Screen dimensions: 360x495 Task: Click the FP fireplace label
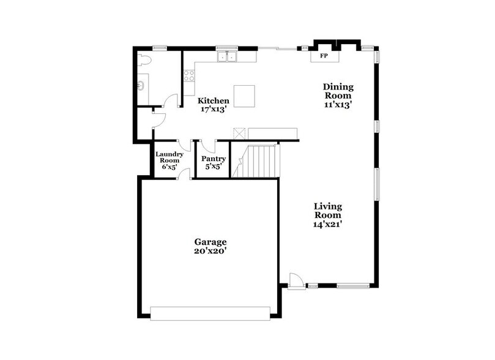click(x=324, y=56)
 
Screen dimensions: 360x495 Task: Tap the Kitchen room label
click(x=214, y=101)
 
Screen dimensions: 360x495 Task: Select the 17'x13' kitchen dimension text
click(x=214, y=110)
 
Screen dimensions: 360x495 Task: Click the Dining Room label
click(x=338, y=91)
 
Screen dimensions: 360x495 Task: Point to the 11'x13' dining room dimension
click(x=338, y=105)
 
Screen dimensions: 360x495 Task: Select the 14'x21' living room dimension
click(x=328, y=224)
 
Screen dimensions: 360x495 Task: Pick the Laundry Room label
click(x=169, y=157)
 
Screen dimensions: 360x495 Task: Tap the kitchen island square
click(x=245, y=96)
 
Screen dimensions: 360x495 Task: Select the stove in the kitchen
click(x=189, y=76)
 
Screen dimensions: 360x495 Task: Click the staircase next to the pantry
click(x=256, y=160)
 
